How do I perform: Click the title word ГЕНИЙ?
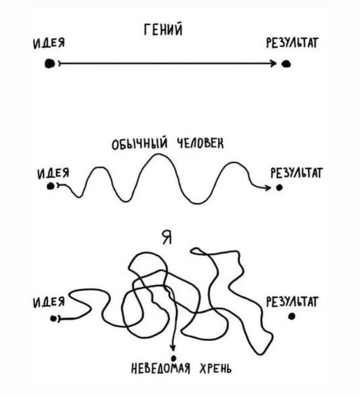pos(163,30)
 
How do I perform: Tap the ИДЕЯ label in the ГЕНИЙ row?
pos(49,43)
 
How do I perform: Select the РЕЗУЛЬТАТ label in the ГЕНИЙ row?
pos(292,43)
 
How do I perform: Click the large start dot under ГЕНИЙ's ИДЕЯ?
pos(50,63)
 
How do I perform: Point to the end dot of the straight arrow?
pos(286,64)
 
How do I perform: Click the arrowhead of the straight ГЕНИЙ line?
pos(273,63)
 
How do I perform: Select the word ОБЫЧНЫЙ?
pos(139,144)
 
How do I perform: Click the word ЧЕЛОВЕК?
pos(200,144)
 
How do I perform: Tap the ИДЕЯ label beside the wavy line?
pos(53,174)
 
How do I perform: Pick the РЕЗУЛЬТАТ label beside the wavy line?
pos(296,173)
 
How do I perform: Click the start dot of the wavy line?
pos(50,186)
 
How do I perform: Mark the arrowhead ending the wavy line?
pos(268,188)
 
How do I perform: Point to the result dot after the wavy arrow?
pos(279,188)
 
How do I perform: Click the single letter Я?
pos(167,238)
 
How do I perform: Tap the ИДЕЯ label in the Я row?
pos(49,302)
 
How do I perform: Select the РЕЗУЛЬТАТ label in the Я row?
pos(292,302)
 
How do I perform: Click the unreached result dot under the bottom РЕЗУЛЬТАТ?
pos(291,316)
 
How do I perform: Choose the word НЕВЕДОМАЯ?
pos(160,369)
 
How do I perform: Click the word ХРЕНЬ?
pos(215,369)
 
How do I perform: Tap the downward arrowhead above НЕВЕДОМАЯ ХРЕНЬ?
pos(173,348)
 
